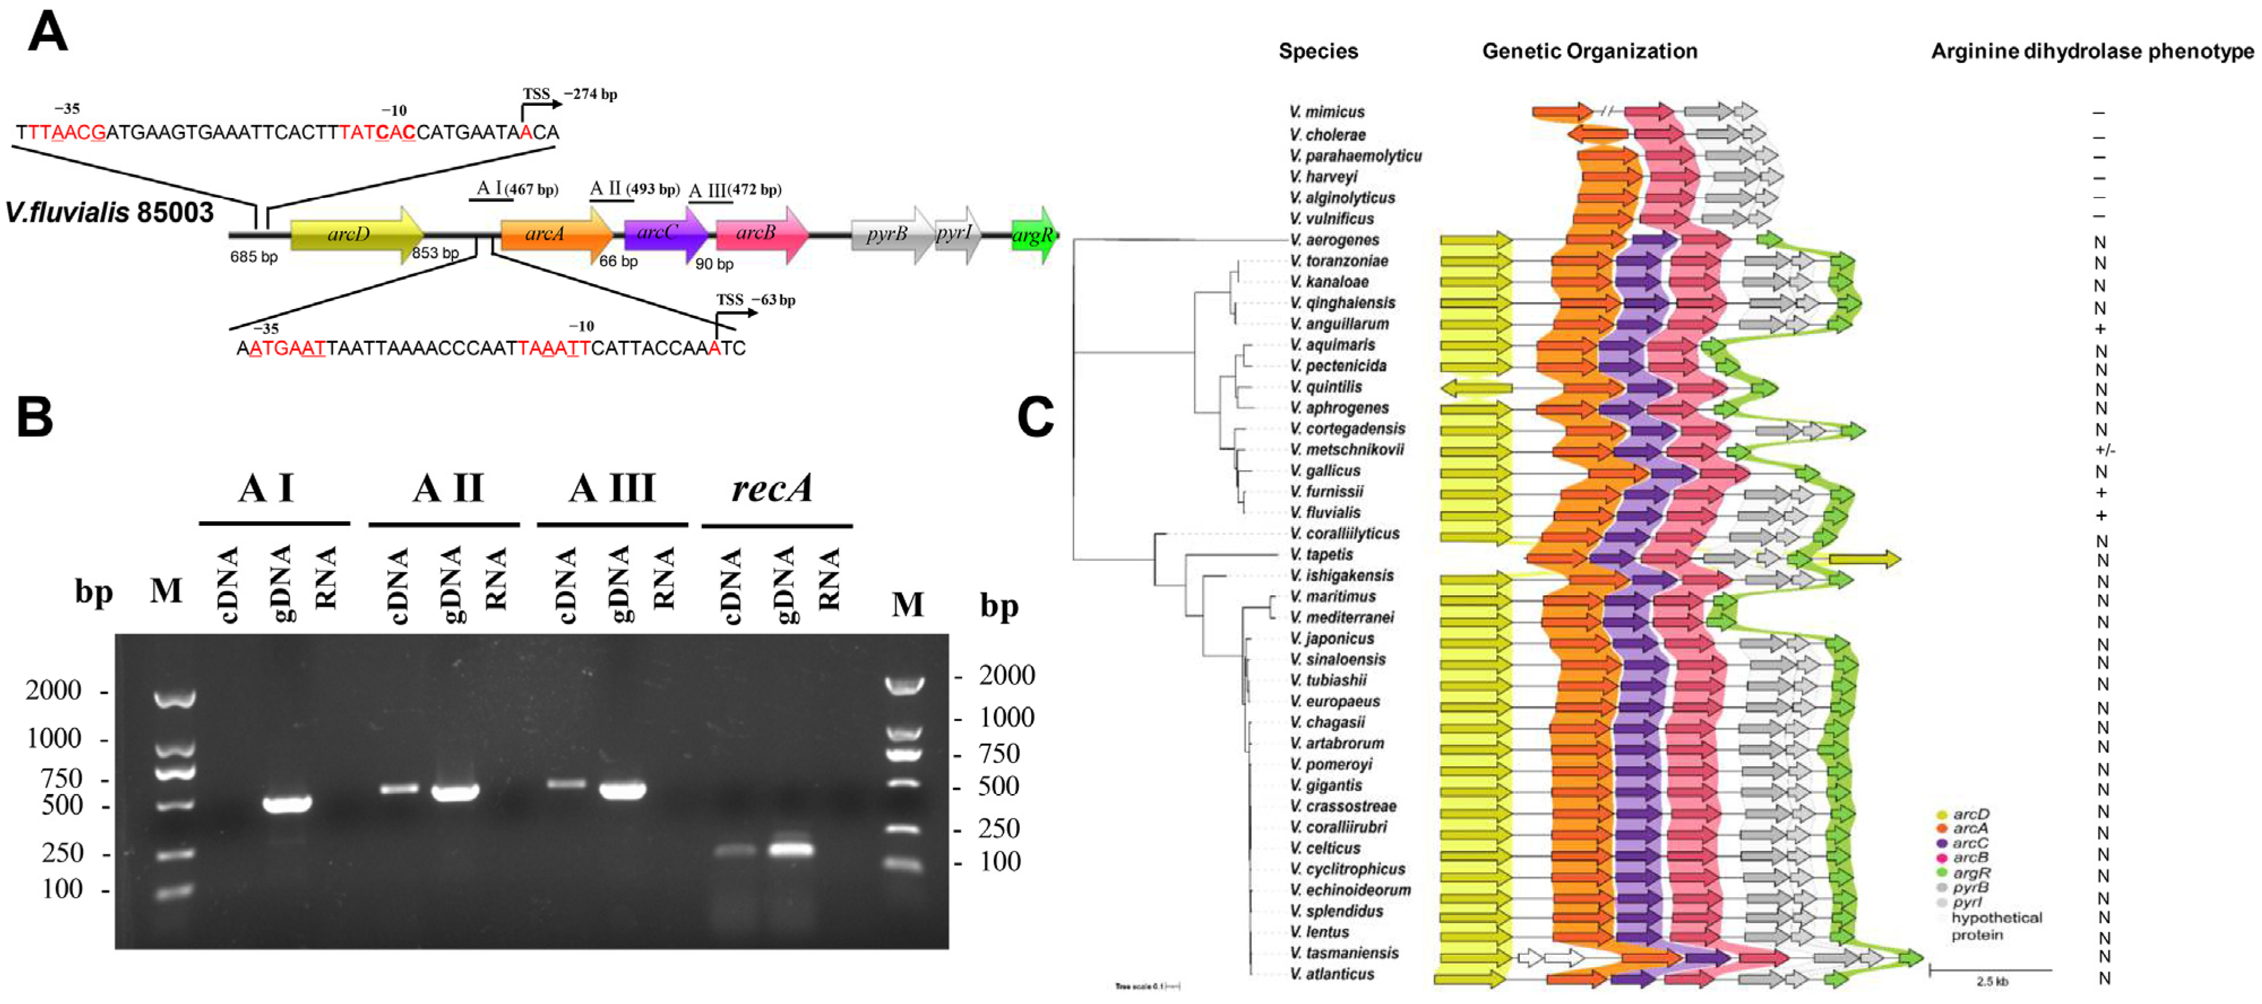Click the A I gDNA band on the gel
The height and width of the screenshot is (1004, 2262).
[288, 804]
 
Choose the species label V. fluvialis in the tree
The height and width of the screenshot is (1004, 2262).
[1325, 512]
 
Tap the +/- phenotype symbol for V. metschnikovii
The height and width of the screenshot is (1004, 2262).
[2105, 450]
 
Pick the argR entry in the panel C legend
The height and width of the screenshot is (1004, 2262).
[1971, 872]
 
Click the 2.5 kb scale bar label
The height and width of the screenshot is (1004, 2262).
[1992, 981]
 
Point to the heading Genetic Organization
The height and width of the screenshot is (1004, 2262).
[1589, 51]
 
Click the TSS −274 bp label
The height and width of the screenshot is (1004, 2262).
[570, 94]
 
